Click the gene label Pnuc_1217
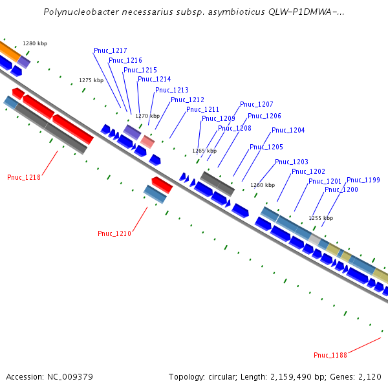(110, 50)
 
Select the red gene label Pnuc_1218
(24, 177)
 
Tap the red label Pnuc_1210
(114, 233)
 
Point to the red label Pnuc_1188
(330, 355)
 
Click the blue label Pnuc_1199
(363, 180)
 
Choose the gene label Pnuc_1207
(257, 104)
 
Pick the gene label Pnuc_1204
(288, 130)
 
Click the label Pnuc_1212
(188, 100)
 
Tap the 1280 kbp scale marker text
(35, 43)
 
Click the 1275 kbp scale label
(91, 80)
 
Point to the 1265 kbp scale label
(204, 151)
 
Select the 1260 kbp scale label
(262, 184)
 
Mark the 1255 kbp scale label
(321, 218)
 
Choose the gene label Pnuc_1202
(308, 171)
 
